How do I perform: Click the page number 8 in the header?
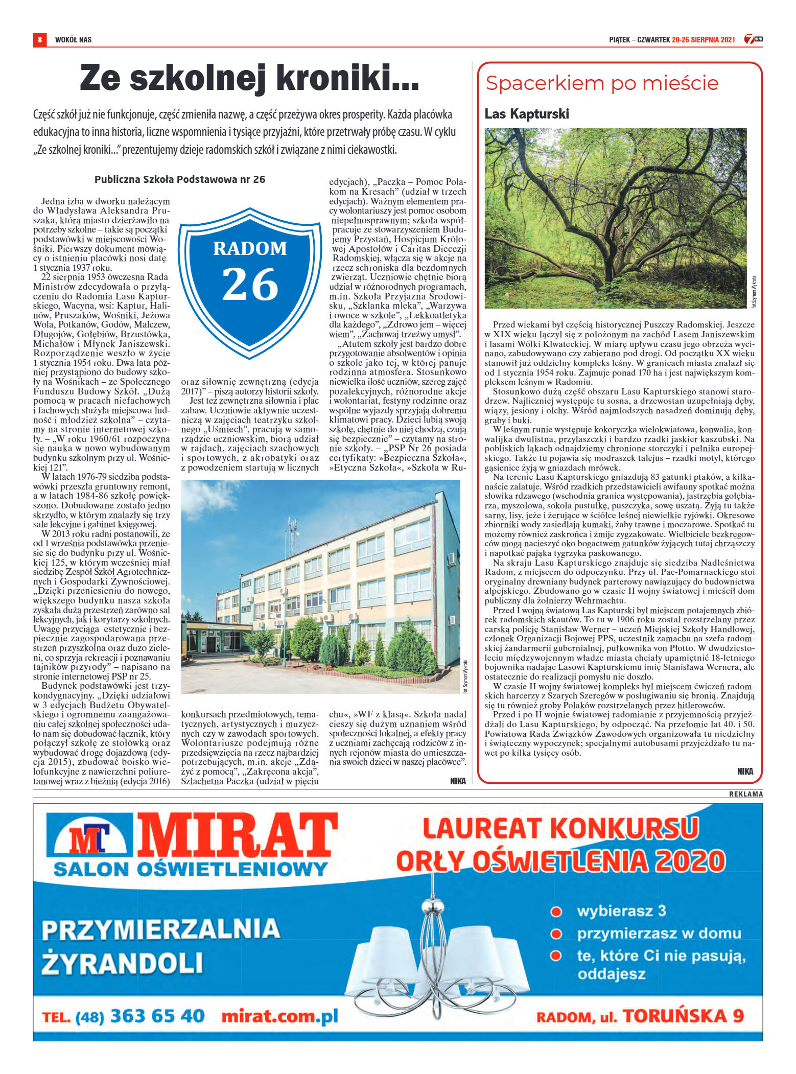click(x=39, y=39)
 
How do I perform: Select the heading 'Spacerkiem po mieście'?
click(x=602, y=83)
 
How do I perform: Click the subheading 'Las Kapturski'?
click(x=526, y=114)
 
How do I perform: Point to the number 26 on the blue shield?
click(x=250, y=285)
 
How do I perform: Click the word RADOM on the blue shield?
click(x=250, y=248)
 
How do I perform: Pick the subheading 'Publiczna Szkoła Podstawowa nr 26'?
click(x=180, y=179)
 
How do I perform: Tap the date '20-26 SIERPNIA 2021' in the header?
click(x=703, y=39)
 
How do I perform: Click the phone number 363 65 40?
click(x=157, y=1016)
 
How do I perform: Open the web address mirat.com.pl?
click(x=279, y=1016)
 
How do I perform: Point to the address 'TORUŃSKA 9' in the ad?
click(x=683, y=1016)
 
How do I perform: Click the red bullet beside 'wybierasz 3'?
click(x=556, y=912)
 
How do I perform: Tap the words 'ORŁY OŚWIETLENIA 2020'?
click(x=560, y=861)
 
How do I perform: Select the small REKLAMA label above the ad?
click(x=745, y=795)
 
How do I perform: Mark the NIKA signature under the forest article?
click(x=745, y=771)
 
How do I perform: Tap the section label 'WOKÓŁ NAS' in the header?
click(x=73, y=39)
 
